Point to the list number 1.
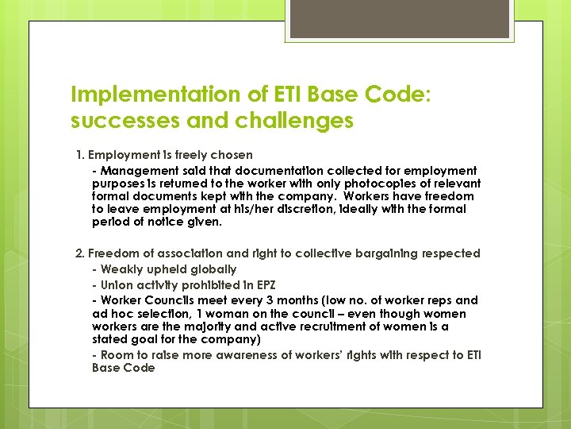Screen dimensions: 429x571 (79, 154)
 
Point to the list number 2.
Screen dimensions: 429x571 (79, 253)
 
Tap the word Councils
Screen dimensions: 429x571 (166, 300)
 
